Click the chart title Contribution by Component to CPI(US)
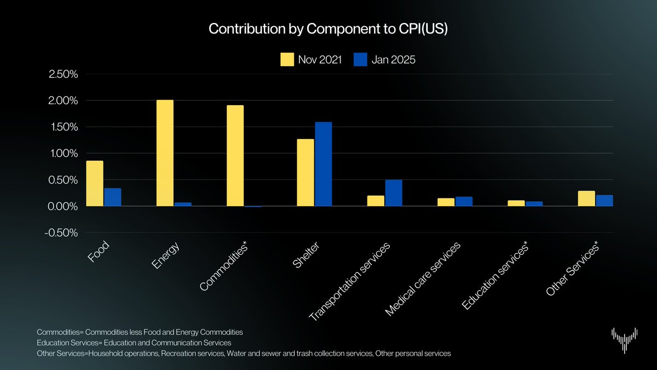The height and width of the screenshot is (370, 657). pos(328,29)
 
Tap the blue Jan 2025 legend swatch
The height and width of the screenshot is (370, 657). pos(360,60)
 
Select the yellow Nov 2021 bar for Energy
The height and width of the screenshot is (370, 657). pos(165,153)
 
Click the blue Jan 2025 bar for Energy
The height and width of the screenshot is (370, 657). pos(183,204)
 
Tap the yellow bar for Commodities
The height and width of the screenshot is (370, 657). pos(235,156)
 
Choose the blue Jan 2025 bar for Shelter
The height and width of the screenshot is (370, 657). pos(323,164)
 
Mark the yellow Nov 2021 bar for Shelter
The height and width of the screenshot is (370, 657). pos(306,173)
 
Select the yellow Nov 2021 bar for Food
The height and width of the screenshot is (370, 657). pos(95,183)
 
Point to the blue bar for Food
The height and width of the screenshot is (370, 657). pos(112,197)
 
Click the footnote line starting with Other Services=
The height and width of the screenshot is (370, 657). pos(244,354)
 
